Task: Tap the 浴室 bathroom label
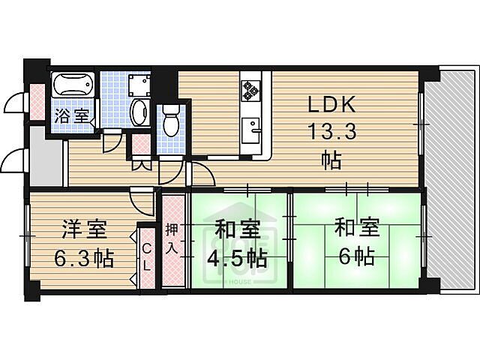(x=73, y=117)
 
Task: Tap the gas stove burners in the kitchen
(x=250, y=90)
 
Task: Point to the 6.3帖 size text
(x=82, y=259)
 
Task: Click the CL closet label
(x=147, y=257)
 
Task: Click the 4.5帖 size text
(x=236, y=259)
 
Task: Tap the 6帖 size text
(x=355, y=257)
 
